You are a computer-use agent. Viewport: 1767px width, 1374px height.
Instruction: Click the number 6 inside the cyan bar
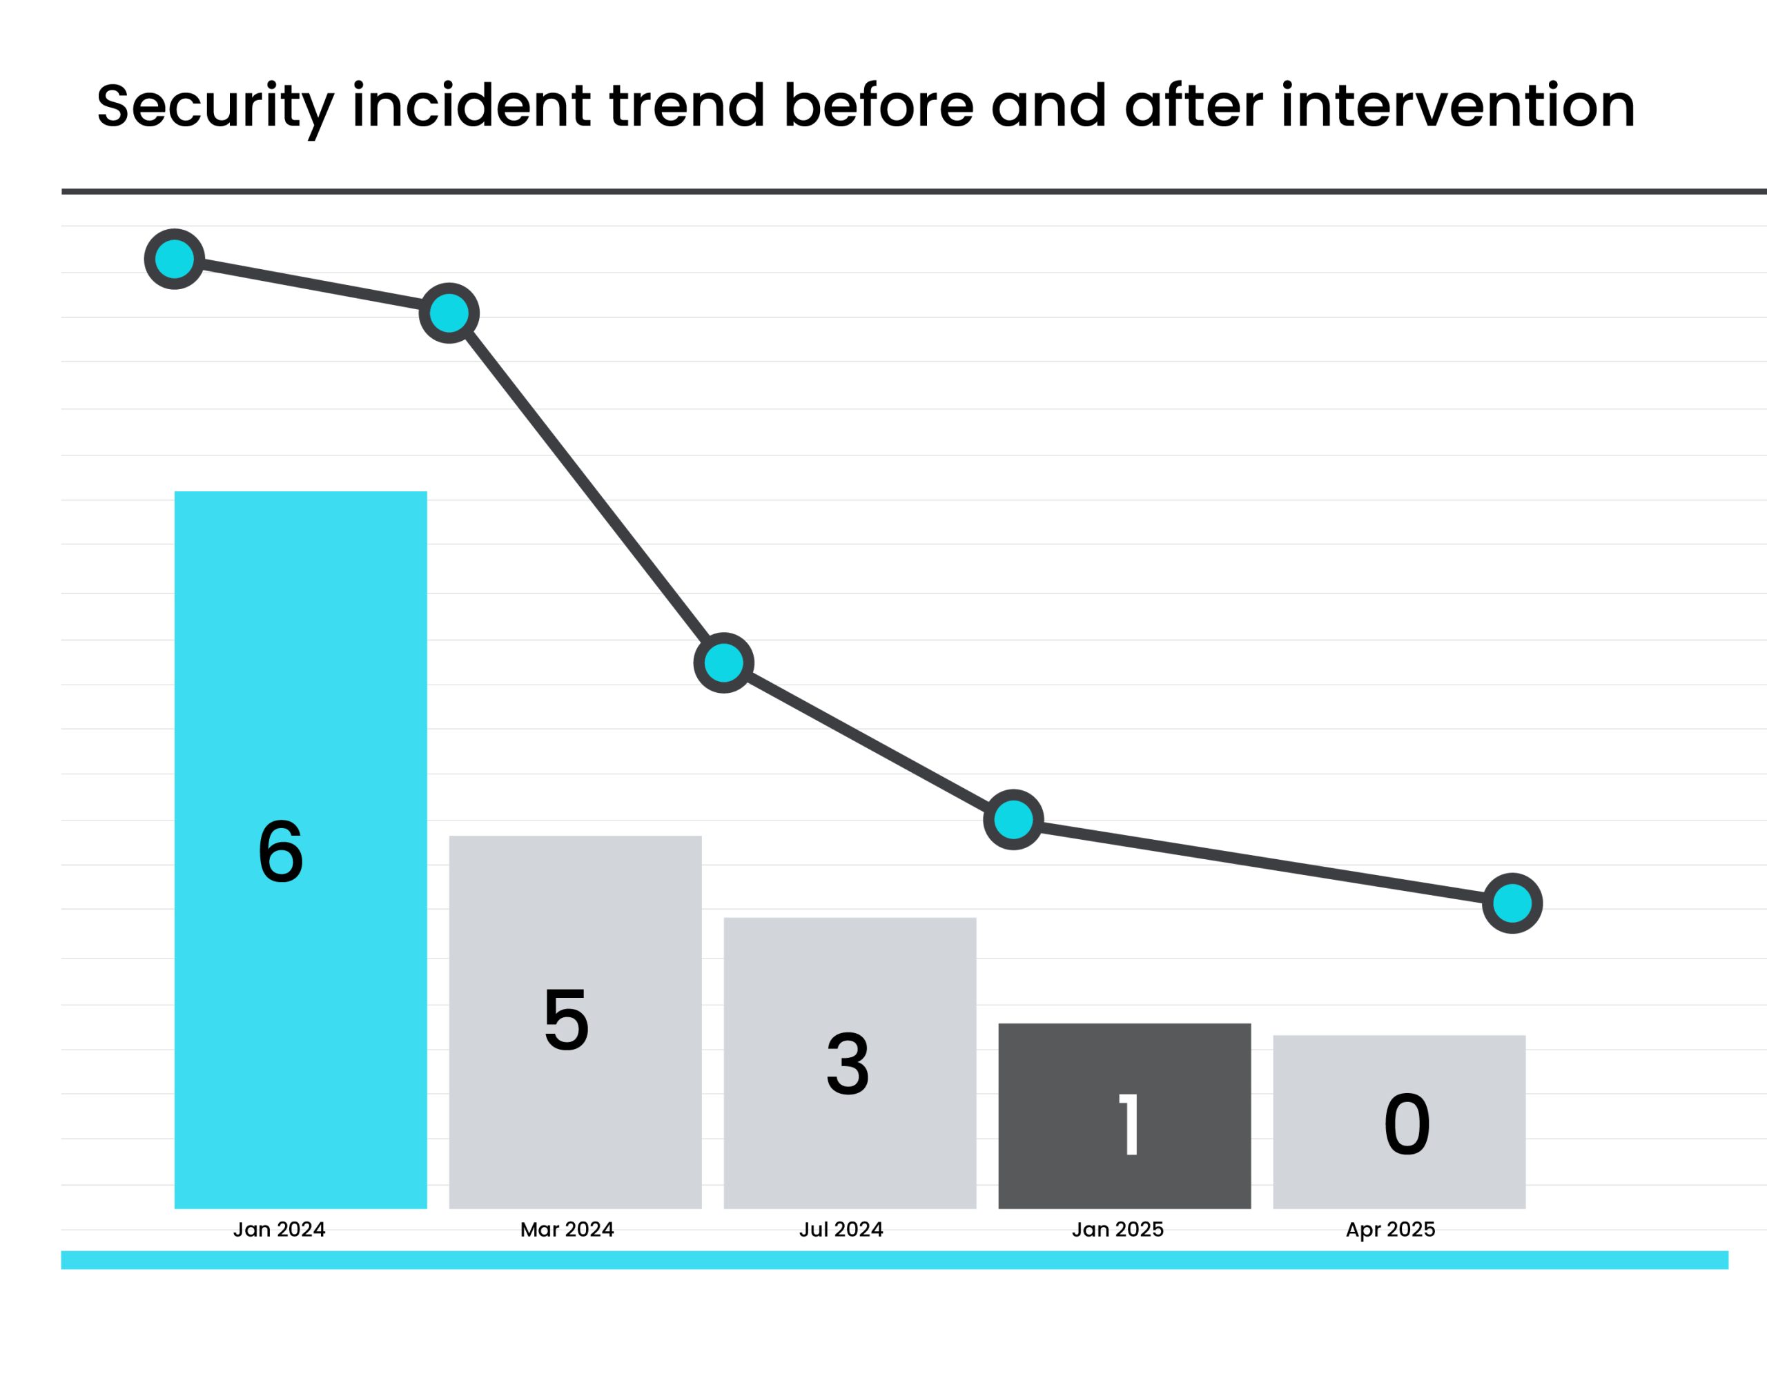(x=281, y=852)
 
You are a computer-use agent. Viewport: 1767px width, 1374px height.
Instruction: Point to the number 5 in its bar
(x=567, y=1021)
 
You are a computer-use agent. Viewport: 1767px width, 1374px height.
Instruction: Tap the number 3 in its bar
(x=848, y=1065)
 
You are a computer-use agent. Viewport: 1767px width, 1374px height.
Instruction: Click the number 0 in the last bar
(x=1407, y=1125)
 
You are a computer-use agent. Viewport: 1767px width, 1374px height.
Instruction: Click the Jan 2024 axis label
(x=279, y=1230)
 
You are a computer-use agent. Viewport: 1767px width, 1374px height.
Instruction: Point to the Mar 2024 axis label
(x=567, y=1230)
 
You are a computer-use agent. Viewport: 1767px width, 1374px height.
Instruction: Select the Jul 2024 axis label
(x=841, y=1230)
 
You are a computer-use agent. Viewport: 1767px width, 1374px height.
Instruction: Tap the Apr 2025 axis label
(x=1391, y=1230)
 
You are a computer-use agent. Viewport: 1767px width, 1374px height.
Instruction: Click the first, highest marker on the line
(x=174, y=259)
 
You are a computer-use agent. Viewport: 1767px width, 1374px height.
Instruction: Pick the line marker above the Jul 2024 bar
(x=724, y=663)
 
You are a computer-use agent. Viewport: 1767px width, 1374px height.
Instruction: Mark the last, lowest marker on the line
(x=1512, y=903)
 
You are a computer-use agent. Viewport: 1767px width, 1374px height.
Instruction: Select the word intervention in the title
(x=1457, y=107)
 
